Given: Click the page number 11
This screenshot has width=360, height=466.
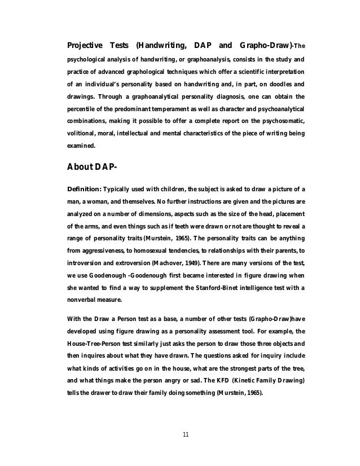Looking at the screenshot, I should pyautogui.click(x=186, y=434).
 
